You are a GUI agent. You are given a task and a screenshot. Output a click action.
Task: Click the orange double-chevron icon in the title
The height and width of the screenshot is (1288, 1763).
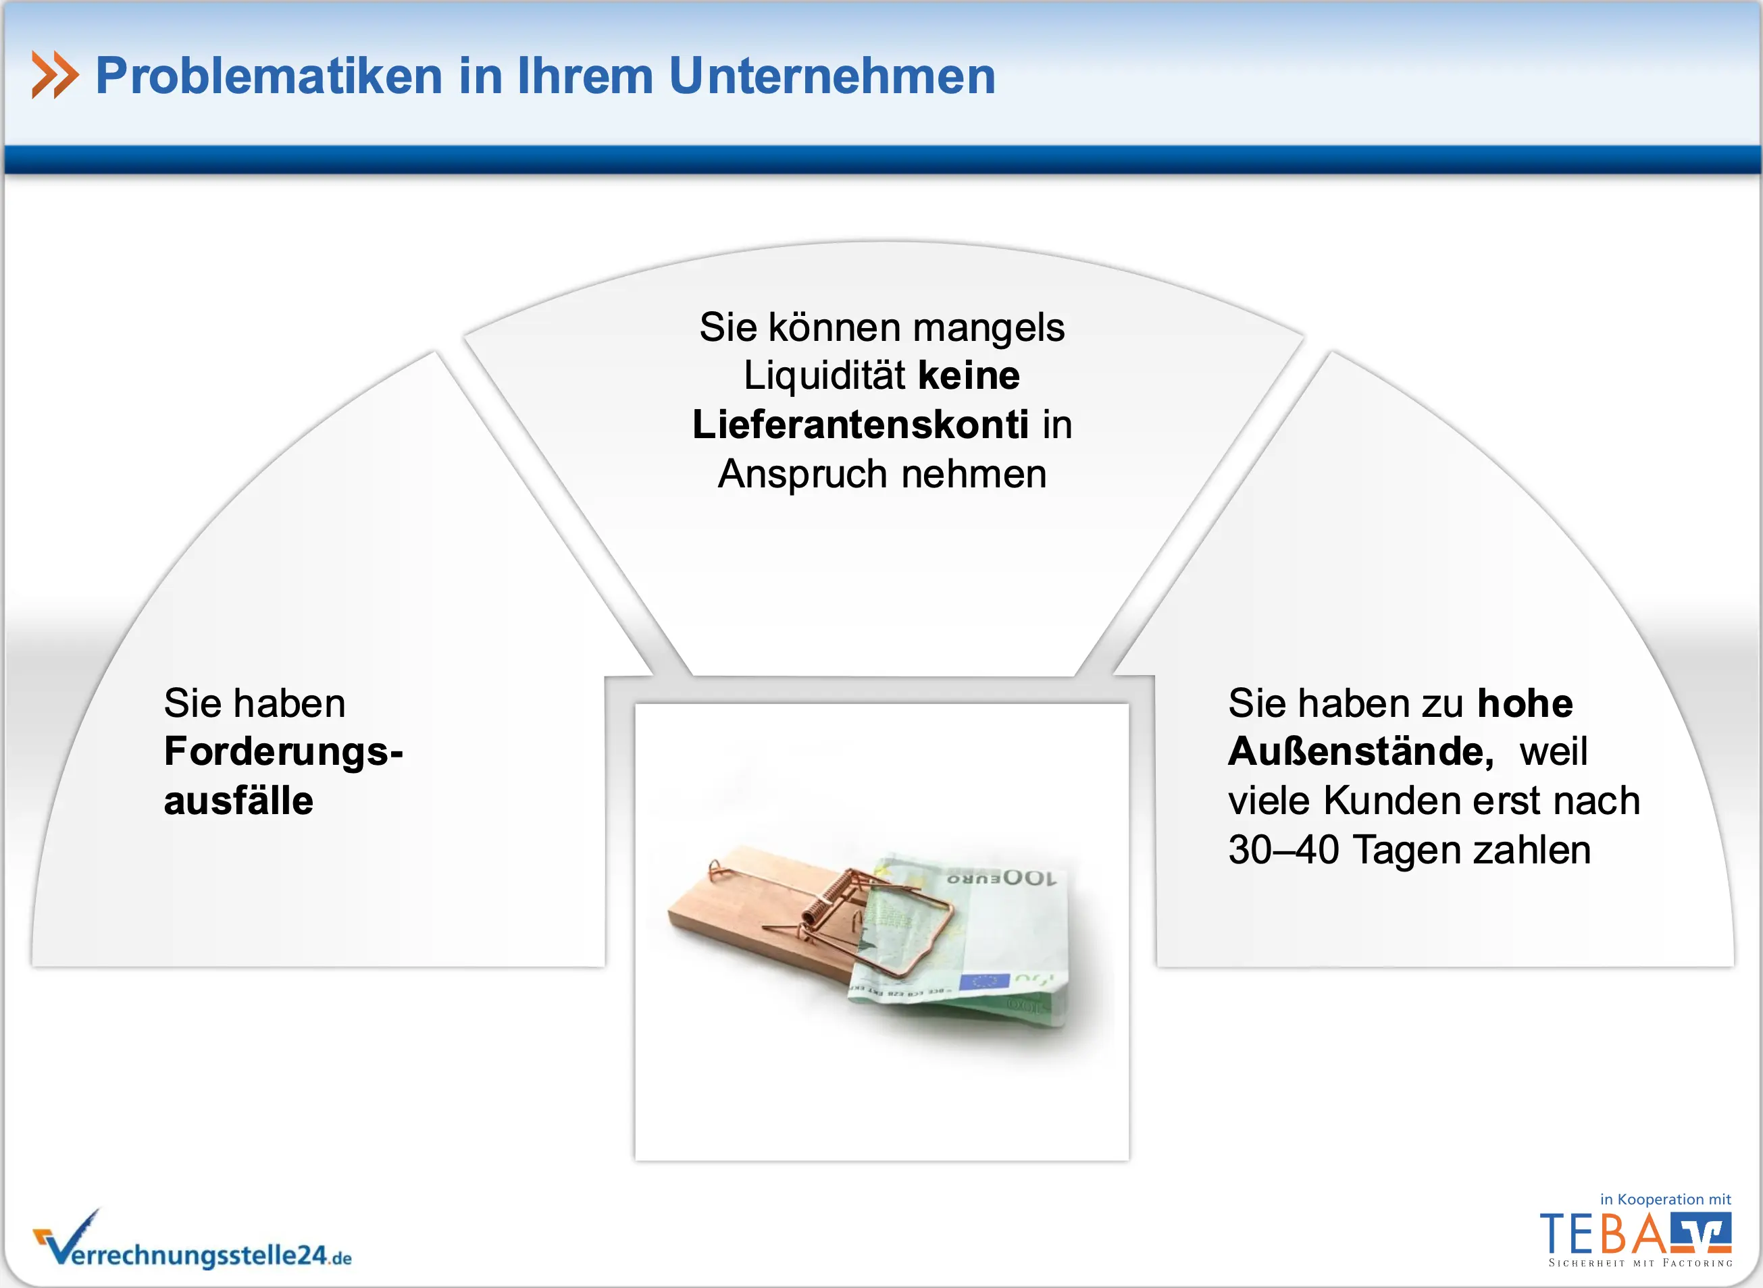point(55,75)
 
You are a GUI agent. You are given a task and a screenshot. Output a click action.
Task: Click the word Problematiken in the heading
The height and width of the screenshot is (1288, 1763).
point(269,76)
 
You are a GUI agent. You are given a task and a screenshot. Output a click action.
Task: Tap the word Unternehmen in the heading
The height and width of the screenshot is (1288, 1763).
point(832,76)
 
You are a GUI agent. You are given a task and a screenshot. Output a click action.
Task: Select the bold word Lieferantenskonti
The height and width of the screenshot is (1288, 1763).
point(861,425)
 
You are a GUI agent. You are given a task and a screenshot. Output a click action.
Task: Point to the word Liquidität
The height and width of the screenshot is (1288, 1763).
point(825,376)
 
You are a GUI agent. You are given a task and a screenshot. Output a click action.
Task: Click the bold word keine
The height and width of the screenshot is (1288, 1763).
point(969,376)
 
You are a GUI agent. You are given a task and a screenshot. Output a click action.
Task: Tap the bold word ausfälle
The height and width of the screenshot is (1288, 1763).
point(238,801)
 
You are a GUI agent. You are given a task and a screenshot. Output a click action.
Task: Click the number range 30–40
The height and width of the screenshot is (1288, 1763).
point(1284,850)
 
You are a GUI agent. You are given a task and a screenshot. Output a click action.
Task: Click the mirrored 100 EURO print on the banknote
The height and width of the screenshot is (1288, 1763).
point(1002,878)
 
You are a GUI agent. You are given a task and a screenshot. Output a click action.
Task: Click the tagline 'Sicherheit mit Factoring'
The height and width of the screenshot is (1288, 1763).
point(1641,1263)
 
